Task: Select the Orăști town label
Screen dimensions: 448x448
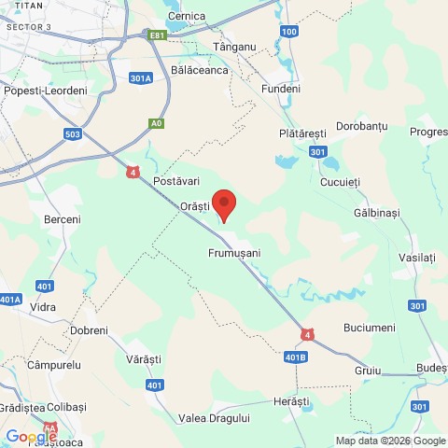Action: (x=195, y=204)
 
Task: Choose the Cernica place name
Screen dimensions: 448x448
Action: (x=186, y=17)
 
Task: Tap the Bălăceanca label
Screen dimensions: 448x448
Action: (x=201, y=70)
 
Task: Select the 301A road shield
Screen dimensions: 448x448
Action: (x=141, y=78)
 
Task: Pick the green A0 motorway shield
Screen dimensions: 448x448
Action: (x=156, y=122)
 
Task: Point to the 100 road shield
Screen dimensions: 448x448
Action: (x=289, y=32)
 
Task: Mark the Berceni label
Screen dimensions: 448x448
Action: (x=63, y=218)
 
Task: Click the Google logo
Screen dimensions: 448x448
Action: (x=31, y=436)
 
